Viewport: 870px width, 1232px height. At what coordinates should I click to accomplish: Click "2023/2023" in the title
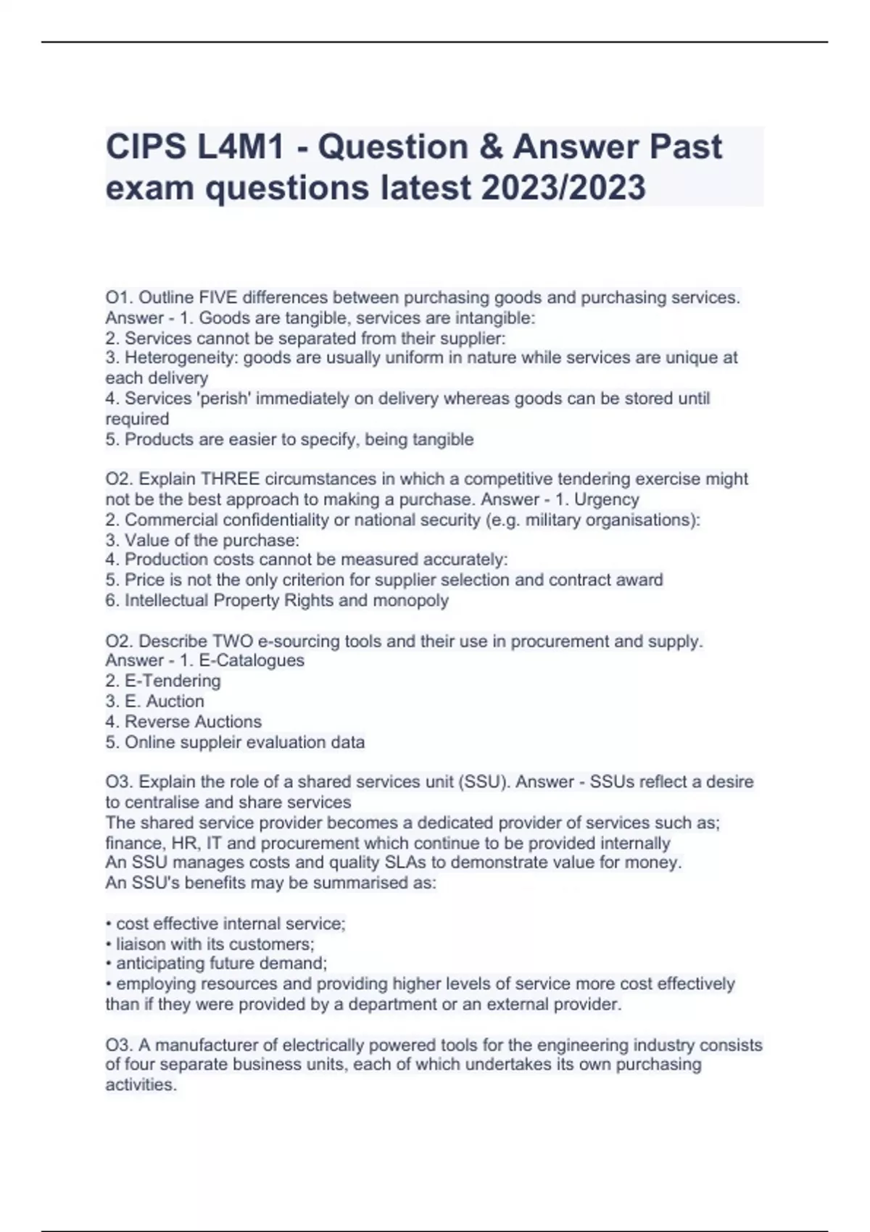562,188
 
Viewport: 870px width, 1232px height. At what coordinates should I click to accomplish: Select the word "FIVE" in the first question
217,298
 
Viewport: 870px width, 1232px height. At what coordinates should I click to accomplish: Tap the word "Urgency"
606,499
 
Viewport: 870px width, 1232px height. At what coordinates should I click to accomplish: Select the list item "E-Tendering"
173,681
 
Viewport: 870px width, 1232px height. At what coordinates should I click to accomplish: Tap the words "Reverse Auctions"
193,722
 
